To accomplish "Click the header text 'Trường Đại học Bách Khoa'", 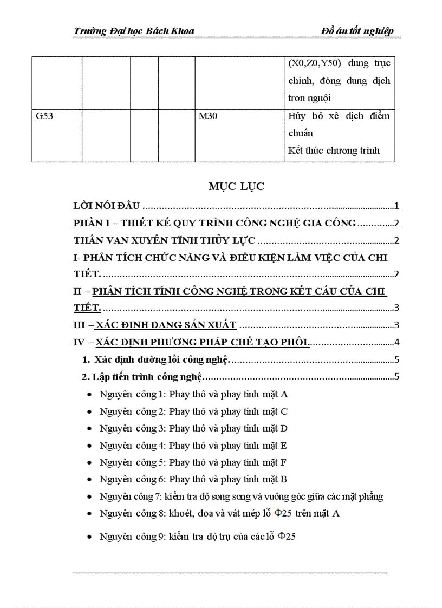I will [x=133, y=31].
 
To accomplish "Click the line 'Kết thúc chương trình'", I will [x=334, y=151].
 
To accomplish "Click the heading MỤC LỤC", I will [x=236, y=187].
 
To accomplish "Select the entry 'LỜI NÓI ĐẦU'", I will [x=107, y=206].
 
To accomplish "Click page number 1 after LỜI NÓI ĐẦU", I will [x=397, y=206].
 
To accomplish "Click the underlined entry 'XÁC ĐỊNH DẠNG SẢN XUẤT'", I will [x=165, y=325].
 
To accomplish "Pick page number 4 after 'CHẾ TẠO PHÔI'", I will [x=397, y=342].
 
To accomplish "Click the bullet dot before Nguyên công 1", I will [x=89, y=395].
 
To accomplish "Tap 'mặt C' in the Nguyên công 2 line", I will [x=275, y=411].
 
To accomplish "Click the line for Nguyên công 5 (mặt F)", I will [x=193, y=462].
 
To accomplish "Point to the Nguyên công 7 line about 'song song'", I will [x=241, y=496].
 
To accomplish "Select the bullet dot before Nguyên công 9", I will [x=89, y=538].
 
